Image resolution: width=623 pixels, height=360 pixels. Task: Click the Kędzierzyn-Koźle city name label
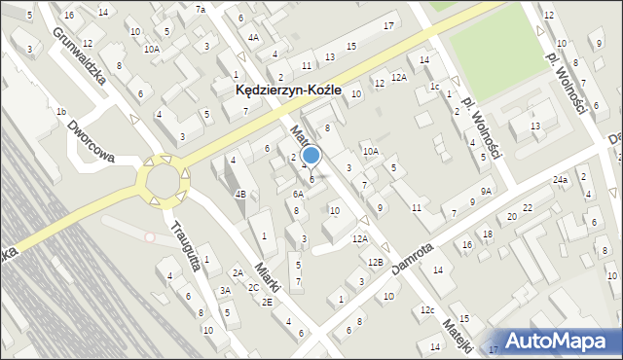click(289, 90)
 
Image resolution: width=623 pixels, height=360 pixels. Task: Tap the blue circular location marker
click(311, 155)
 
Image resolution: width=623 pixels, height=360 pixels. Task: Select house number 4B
click(239, 193)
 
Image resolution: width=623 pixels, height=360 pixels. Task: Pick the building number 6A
click(299, 194)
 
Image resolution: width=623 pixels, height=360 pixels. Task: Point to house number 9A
click(485, 191)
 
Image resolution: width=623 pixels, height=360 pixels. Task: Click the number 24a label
click(560, 180)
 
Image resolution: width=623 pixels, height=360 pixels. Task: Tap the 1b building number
click(60, 112)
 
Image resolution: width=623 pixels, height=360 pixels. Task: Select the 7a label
click(201, 9)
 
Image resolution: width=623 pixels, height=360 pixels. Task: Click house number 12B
click(375, 263)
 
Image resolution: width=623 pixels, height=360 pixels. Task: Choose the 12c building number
click(426, 309)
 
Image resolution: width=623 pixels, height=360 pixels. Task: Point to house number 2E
click(267, 302)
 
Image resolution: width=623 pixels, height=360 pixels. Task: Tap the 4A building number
click(254, 37)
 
